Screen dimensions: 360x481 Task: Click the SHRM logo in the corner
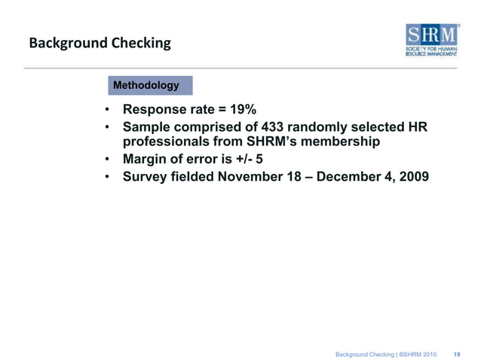[x=432, y=42]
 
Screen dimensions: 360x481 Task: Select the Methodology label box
[x=146, y=85]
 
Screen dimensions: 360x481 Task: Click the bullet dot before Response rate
[x=109, y=113]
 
